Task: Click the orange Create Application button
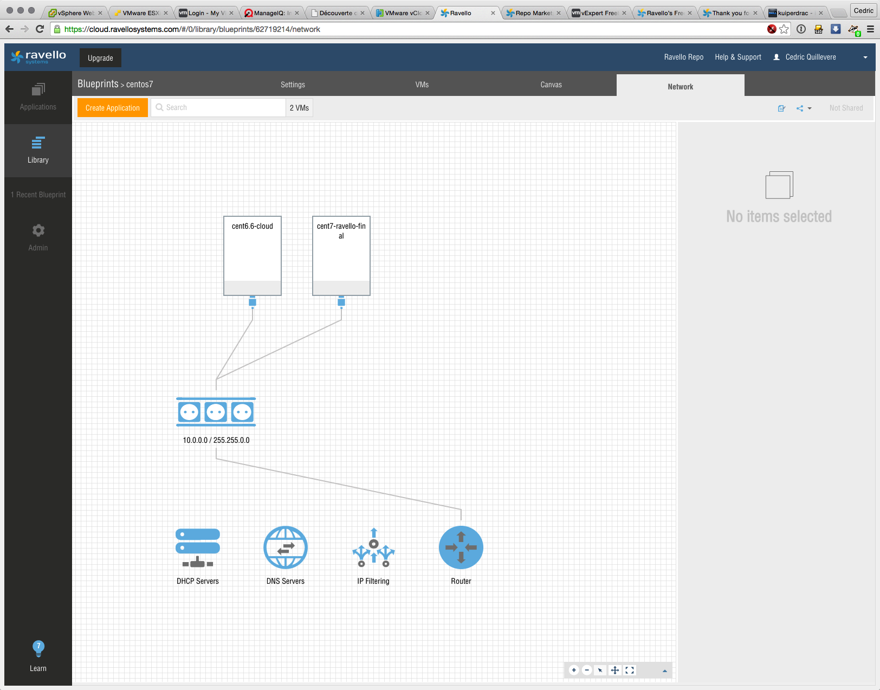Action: click(x=113, y=108)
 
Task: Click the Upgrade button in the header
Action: click(x=100, y=58)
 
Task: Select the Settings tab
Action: click(x=293, y=85)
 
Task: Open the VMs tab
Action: click(x=422, y=85)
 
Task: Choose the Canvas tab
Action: click(x=551, y=85)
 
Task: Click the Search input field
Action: click(x=218, y=108)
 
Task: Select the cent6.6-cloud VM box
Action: click(x=253, y=256)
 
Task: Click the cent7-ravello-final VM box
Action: click(x=341, y=256)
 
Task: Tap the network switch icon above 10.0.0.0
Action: click(x=216, y=412)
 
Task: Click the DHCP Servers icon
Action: click(x=198, y=547)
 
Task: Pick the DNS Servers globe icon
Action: click(x=286, y=547)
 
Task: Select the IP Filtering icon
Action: click(x=373, y=547)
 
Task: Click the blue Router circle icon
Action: click(x=461, y=547)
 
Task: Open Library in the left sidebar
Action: click(x=38, y=150)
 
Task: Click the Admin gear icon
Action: click(x=38, y=230)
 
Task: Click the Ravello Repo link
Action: click(x=684, y=57)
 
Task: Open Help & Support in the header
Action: click(x=738, y=57)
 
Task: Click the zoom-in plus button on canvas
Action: click(x=574, y=670)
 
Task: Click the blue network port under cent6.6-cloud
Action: click(x=253, y=302)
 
